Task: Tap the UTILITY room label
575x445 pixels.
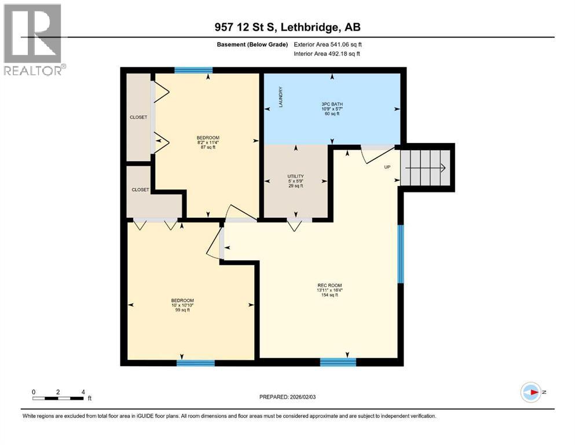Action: [295, 180]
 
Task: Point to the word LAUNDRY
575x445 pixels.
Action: [280, 97]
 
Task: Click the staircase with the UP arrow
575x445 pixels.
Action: [428, 167]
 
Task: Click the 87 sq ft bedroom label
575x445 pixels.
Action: [208, 143]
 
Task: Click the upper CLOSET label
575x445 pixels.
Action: [138, 117]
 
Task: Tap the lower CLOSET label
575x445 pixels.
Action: [140, 189]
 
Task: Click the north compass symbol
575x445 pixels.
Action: [530, 392]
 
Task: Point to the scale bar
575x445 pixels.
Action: [58, 397]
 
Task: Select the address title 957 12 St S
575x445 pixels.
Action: [287, 27]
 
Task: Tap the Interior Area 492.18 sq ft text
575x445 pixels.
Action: [327, 53]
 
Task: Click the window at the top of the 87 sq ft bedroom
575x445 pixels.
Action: [193, 70]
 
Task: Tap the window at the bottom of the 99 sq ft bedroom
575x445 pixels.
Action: [195, 363]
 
